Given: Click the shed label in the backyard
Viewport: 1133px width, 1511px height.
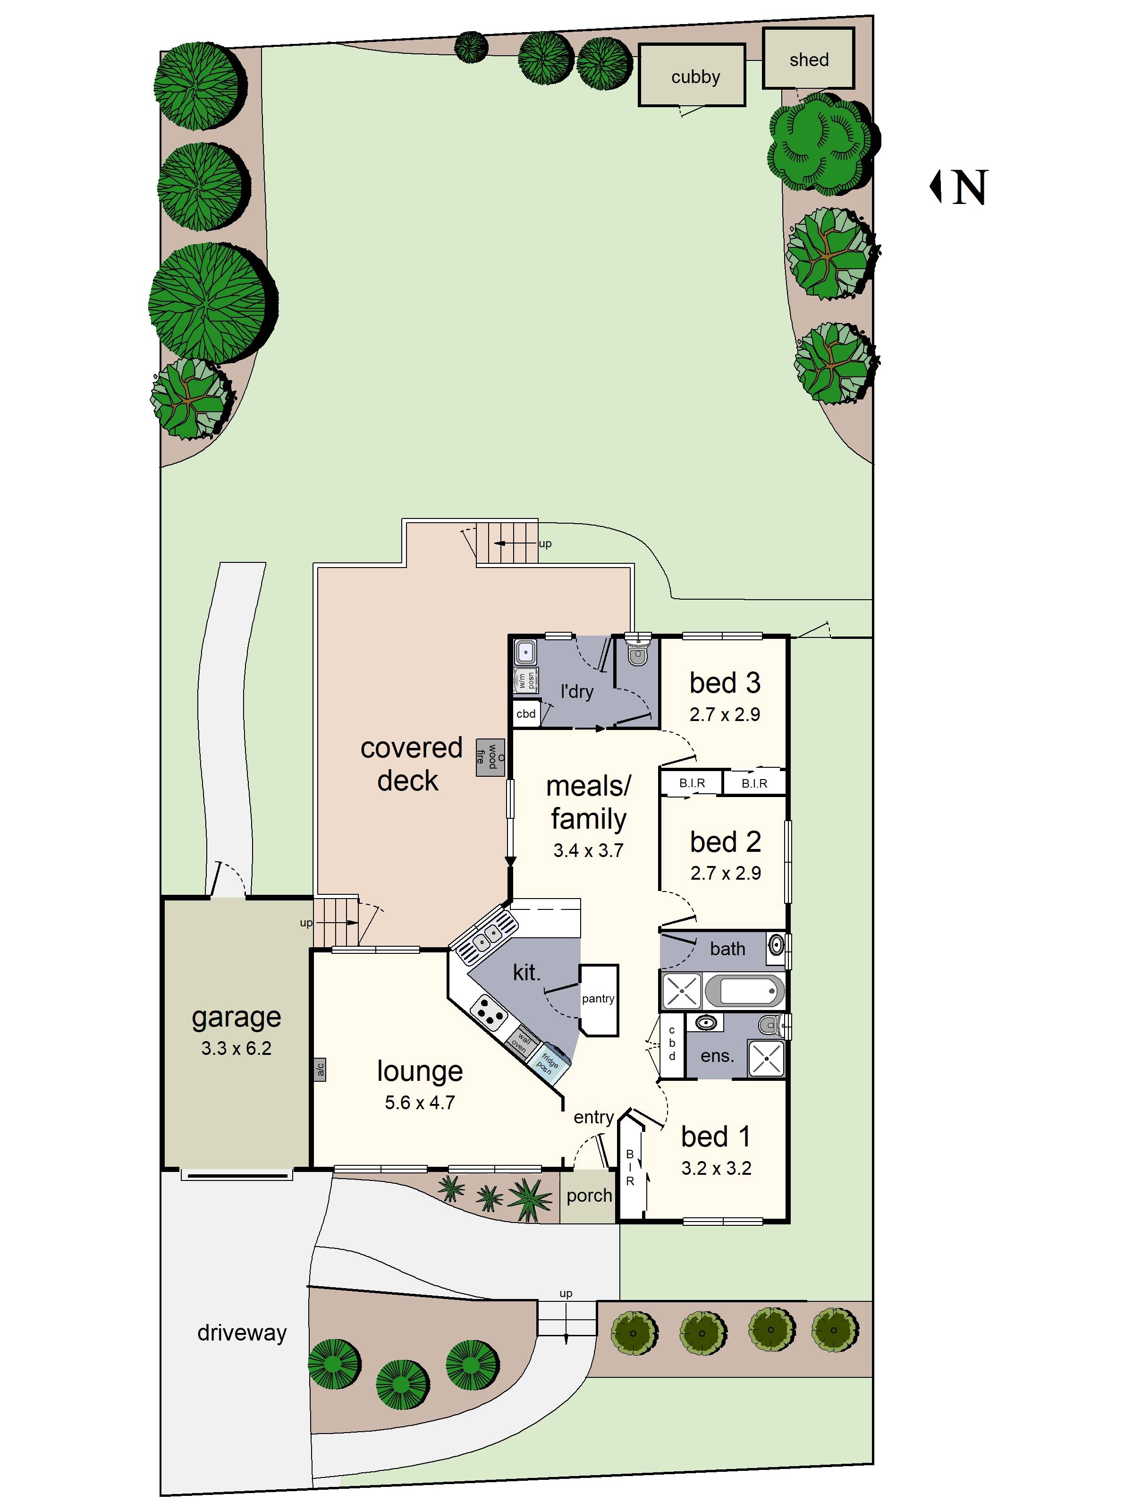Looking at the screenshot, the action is (809, 60).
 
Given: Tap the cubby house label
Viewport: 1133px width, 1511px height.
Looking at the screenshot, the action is (695, 77).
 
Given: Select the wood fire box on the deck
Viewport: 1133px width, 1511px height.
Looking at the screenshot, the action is (490, 757).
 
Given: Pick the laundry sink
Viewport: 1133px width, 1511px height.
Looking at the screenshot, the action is (525, 653).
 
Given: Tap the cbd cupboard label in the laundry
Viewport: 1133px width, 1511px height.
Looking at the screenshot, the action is (526, 714).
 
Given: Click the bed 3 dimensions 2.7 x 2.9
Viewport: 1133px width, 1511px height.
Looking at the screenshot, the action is (725, 714).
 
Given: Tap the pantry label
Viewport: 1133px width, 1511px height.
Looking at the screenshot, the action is (598, 999).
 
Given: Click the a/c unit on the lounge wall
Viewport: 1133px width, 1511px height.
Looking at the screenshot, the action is (320, 1069).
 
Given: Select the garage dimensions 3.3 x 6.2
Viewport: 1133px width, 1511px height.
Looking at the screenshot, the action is (237, 1048).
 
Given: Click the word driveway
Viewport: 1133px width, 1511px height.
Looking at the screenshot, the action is (242, 1332).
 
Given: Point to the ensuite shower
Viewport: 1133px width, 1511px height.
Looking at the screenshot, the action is (766, 1058).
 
